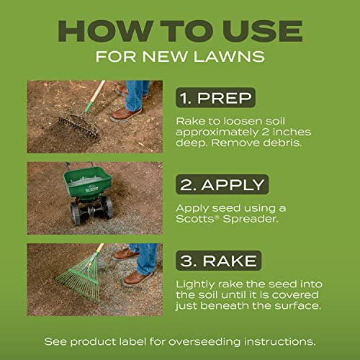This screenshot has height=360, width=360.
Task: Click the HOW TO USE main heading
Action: pos(180,31)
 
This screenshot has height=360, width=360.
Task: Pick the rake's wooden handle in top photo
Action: pos(94,94)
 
